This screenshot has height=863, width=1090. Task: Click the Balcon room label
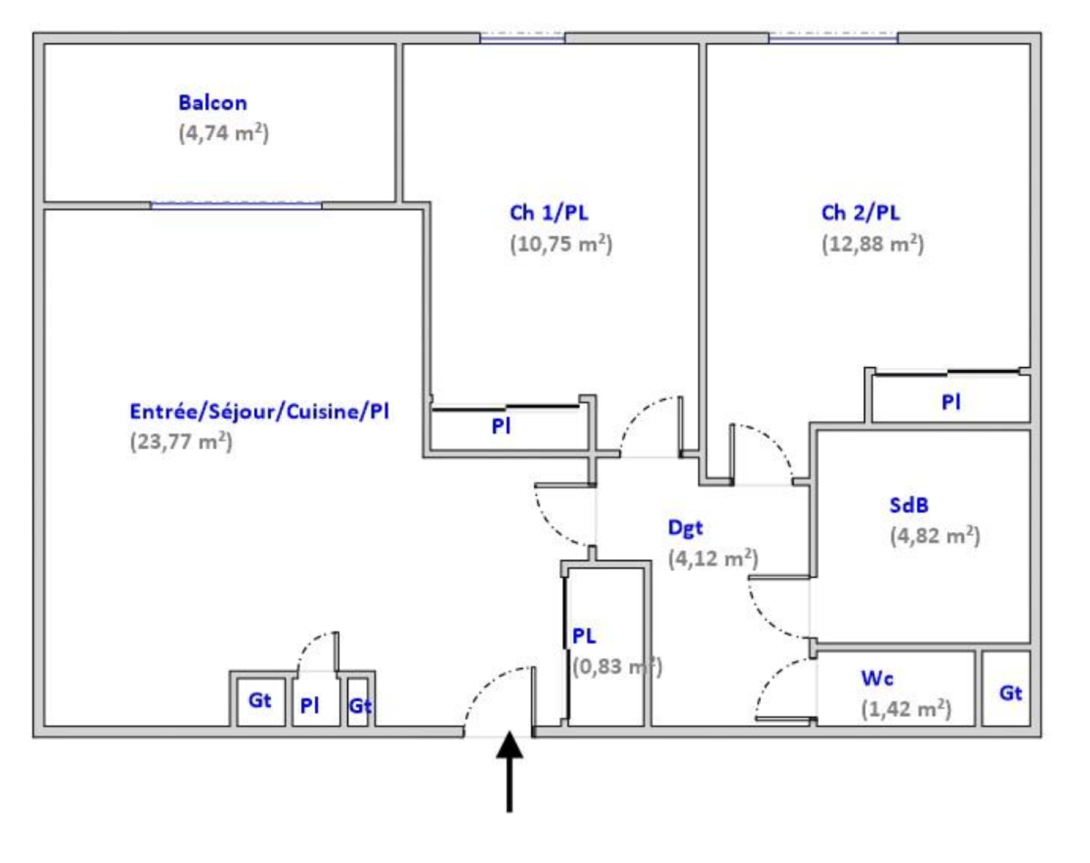click(x=213, y=103)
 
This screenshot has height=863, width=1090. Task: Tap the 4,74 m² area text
click(x=223, y=134)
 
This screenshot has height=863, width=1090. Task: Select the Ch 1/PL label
click(x=549, y=213)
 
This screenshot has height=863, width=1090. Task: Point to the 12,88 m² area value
click(x=872, y=244)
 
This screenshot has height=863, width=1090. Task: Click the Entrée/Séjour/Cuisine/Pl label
click(x=260, y=411)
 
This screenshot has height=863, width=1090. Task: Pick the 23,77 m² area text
click(x=181, y=442)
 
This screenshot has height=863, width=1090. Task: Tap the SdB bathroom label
click(x=909, y=505)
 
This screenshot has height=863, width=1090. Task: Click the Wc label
click(x=877, y=678)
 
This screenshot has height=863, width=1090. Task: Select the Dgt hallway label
click(x=685, y=529)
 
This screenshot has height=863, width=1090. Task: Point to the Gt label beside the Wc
click(x=1010, y=693)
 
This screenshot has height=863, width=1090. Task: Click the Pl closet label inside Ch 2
click(x=951, y=402)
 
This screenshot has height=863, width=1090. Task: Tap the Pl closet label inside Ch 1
click(x=501, y=426)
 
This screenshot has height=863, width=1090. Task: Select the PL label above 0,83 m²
click(x=584, y=636)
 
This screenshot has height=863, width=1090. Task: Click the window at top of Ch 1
click(x=523, y=38)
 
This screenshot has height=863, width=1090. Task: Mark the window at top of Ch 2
click(x=833, y=38)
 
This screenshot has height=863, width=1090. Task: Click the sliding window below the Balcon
click(x=236, y=206)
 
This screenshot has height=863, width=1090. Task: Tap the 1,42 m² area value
click(x=906, y=709)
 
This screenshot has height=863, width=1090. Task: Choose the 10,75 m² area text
click(x=561, y=244)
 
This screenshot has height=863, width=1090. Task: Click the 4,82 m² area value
click(x=935, y=536)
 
